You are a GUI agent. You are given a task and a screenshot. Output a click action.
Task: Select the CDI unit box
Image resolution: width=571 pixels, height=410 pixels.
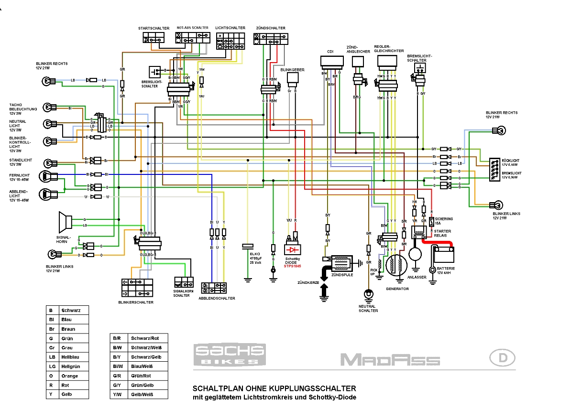coord(332,61)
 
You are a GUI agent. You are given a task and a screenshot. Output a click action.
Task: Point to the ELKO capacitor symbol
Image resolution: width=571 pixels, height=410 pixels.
coord(248,246)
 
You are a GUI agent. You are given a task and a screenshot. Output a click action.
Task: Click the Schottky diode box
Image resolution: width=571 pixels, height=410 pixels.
coord(292,249)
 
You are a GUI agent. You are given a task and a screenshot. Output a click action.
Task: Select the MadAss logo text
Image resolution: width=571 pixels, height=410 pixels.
coord(390,359)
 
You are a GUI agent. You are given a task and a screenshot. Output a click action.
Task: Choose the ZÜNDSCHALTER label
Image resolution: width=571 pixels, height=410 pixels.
coord(271,28)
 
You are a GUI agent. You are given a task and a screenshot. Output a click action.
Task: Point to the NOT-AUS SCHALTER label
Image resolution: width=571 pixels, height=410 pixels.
coord(192,28)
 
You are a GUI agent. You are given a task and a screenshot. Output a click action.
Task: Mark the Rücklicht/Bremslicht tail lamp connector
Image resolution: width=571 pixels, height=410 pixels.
coord(493,170)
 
